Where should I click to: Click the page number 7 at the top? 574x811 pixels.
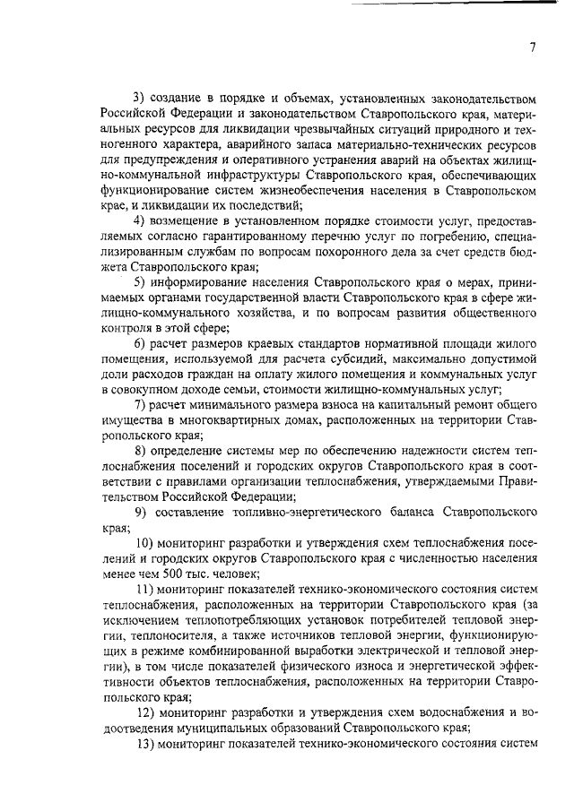[532, 47]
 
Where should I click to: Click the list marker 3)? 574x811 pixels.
[139, 95]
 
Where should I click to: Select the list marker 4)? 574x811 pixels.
[139, 220]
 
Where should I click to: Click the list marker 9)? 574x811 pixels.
[139, 512]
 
